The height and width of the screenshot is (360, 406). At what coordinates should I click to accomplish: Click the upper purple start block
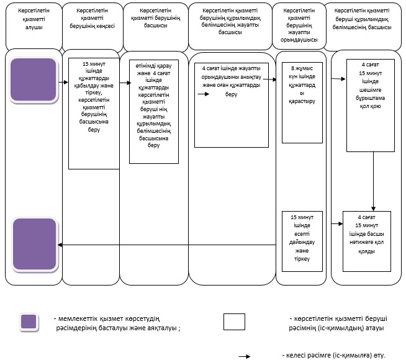pos(34,79)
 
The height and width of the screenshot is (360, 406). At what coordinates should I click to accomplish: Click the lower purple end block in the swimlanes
pos(35,244)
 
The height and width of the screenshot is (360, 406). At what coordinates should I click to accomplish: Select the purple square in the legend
pos(29,322)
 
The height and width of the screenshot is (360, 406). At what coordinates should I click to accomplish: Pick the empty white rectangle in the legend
pos(234,322)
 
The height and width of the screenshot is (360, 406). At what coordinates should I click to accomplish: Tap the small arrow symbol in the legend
pos(245,356)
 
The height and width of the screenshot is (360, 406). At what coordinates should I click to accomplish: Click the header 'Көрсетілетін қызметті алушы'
pos(34,19)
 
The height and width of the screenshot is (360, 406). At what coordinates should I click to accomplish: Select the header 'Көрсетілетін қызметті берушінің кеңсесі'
pos(92,18)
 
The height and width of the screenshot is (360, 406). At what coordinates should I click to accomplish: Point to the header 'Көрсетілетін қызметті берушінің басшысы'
pos(156,18)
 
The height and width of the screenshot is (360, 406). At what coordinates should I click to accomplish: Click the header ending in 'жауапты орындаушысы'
pos(299,25)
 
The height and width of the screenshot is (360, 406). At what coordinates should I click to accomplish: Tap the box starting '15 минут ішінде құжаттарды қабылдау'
pos(94,114)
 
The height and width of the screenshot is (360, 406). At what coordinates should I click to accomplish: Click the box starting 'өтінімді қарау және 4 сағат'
pos(154,112)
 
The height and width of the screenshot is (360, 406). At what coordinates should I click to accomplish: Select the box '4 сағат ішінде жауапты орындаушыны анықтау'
pos(232,105)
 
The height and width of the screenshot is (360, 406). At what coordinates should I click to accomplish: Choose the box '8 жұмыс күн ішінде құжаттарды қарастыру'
pos(302,102)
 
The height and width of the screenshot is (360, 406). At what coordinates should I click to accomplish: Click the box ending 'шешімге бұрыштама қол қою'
pos(371,106)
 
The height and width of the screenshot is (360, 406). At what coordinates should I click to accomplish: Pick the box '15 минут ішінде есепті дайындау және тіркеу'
pos(302,241)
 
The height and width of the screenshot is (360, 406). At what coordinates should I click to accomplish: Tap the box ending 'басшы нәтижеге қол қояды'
pos(367,241)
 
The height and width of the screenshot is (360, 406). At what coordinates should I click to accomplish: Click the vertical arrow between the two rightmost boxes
pos(373,181)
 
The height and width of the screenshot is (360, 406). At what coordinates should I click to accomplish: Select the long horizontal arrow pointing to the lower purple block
pos(167,245)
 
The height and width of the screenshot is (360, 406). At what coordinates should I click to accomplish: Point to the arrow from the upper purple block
pos(63,83)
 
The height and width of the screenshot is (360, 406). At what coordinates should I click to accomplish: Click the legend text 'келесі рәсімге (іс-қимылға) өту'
pos(334,355)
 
